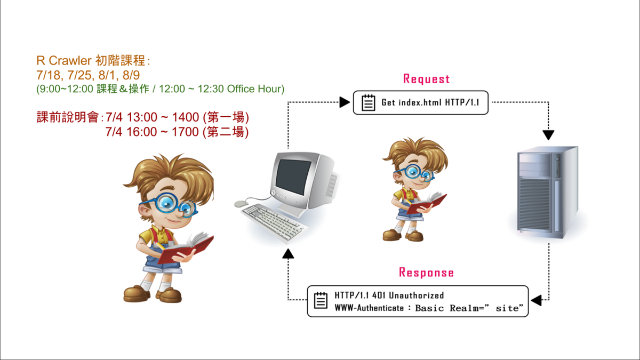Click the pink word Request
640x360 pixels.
(426, 79)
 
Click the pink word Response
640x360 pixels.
(426, 273)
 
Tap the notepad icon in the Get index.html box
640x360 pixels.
(369, 102)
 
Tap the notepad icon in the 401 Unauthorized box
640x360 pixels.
(321, 300)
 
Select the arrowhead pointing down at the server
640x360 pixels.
(548, 135)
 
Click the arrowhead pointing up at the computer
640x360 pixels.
(288, 254)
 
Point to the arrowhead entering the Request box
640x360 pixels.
(345, 102)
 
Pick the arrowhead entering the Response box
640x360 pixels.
(537, 300)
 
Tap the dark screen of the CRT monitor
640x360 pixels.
(293, 177)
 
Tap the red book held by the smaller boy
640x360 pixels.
(427, 203)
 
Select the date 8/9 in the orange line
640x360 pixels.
(131, 75)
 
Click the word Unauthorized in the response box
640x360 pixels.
(417, 295)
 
